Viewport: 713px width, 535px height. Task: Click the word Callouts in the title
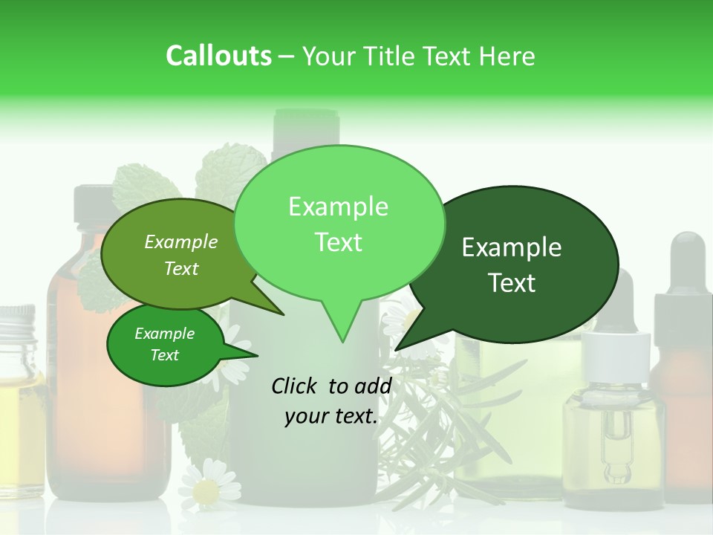point(218,56)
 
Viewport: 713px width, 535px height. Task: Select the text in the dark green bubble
point(512,265)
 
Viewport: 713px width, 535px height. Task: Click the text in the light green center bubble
point(338,224)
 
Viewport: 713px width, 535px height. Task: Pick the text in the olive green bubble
point(181,255)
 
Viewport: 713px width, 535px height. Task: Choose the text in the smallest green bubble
point(164,344)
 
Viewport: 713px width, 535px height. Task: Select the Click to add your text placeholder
point(331,401)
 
